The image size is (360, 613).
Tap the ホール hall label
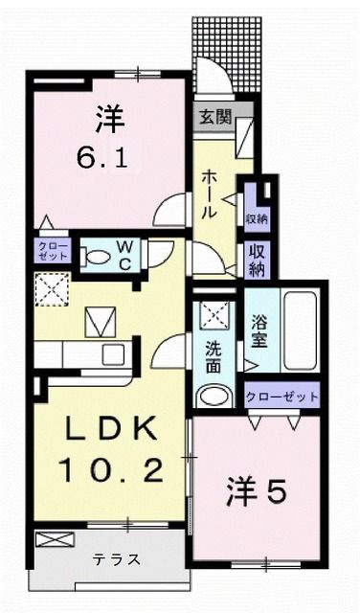[212, 191]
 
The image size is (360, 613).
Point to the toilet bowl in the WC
[97, 256]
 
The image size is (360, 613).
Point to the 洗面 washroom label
[213, 352]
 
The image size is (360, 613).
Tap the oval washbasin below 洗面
[213, 396]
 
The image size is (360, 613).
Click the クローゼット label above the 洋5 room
[282, 394]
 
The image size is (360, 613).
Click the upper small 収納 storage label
[256, 219]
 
